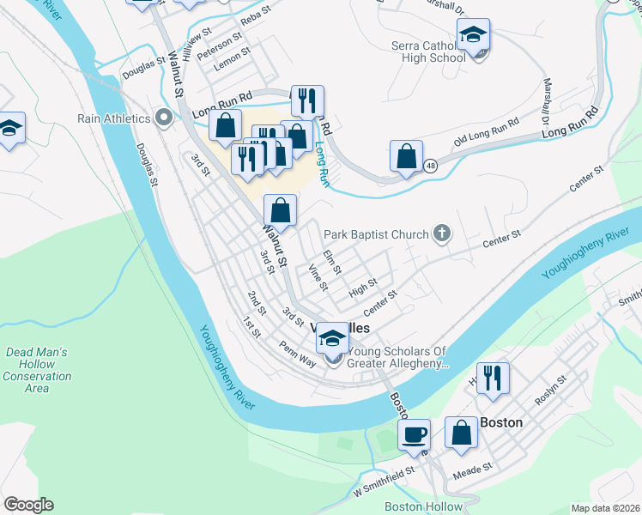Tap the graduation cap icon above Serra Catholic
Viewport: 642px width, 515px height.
[472, 35]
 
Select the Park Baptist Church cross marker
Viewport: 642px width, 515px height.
[441, 233]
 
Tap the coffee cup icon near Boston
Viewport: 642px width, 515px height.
[415, 435]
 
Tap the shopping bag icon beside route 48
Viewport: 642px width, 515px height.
[406, 157]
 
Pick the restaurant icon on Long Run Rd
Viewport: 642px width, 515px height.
[307, 100]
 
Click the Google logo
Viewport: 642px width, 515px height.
[28, 505]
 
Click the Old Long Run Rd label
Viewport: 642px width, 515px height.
[487, 130]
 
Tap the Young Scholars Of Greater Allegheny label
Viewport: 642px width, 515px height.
[397, 357]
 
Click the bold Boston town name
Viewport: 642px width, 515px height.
[501, 422]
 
